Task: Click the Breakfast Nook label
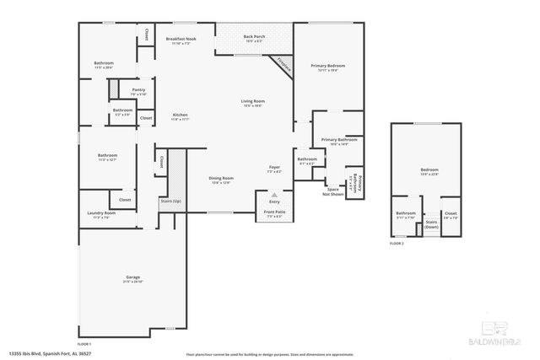[181, 40]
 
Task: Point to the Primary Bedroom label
[327, 67]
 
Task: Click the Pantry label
[138, 90]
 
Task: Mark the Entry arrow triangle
[274, 195]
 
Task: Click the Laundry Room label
[100, 214]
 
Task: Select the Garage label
[132, 277]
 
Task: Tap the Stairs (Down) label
[431, 225]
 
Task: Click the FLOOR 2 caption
[397, 243]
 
